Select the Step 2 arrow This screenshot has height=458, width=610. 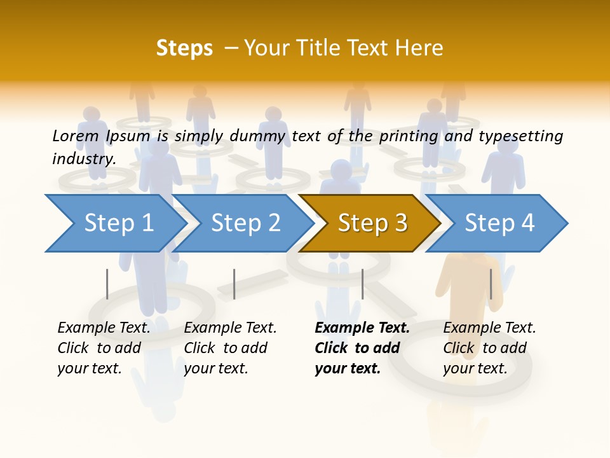pyautogui.click(x=245, y=223)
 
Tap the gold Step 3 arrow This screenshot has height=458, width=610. pyautogui.click(x=372, y=223)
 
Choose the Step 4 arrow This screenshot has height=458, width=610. pyautogui.click(x=499, y=223)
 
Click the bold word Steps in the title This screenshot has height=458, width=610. pyautogui.click(x=184, y=48)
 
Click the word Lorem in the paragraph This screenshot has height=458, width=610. pyautogui.click(x=75, y=135)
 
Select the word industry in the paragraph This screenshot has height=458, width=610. pyautogui.click(x=83, y=159)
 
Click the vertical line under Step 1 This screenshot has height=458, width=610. pyautogui.click(x=107, y=284)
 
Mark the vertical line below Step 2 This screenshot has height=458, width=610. pyautogui.click(x=234, y=284)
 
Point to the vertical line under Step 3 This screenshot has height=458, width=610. pyautogui.click(x=362, y=284)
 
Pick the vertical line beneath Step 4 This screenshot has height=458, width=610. pyautogui.click(x=491, y=284)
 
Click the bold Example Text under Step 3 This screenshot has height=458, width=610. pyautogui.click(x=362, y=328)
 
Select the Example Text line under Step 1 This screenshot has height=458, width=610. pyautogui.click(x=104, y=328)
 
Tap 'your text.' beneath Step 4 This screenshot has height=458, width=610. pyautogui.click(x=475, y=368)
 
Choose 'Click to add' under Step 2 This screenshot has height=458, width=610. pyautogui.click(x=226, y=349)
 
